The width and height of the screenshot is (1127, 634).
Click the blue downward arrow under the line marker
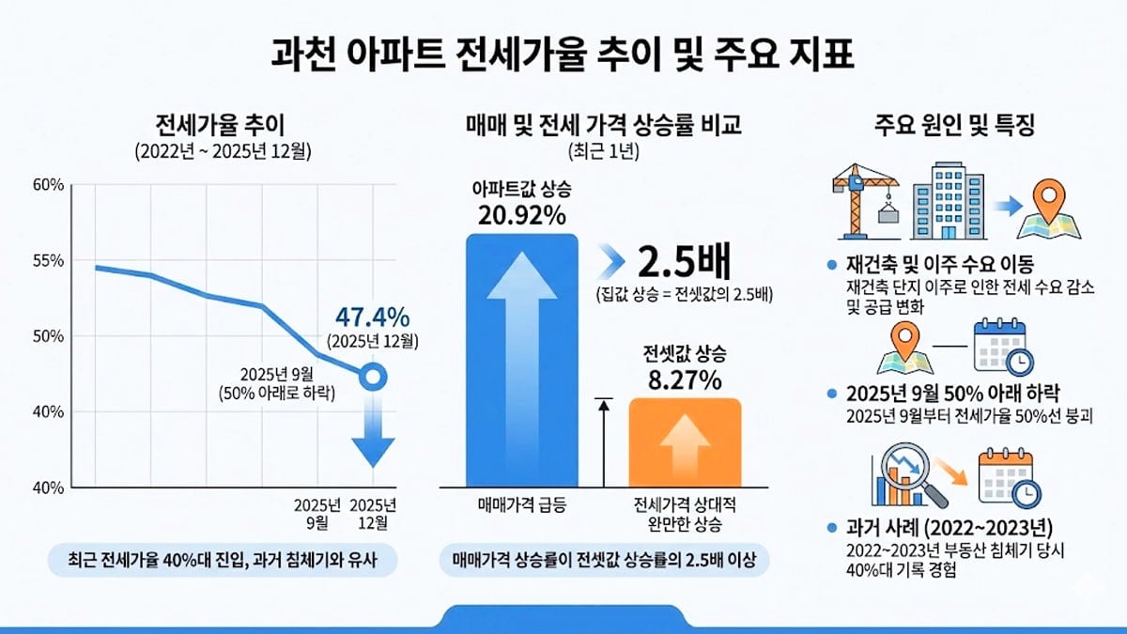click(373, 432)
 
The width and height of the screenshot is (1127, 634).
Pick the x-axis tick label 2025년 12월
click(373, 513)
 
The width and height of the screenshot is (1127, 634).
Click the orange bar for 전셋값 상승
click(685, 441)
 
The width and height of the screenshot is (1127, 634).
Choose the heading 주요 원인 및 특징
click(954, 125)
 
